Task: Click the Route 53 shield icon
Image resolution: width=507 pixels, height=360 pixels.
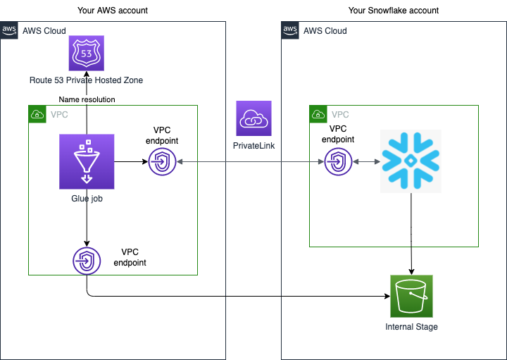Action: (x=86, y=53)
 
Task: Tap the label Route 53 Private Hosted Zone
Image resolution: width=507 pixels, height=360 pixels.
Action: (x=86, y=80)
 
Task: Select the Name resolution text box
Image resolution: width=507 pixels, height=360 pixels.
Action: (x=87, y=99)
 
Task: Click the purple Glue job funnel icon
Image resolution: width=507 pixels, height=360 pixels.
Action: (x=87, y=161)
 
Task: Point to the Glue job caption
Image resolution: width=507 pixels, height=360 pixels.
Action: (x=87, y=199)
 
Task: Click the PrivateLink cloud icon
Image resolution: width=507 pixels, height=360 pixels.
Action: (x=254, y=118)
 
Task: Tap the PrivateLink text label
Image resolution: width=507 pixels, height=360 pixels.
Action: (x=254, y=145)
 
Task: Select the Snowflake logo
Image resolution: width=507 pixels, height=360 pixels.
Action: (x=411, y=161)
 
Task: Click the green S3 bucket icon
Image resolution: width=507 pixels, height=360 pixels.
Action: (x=411, y=297)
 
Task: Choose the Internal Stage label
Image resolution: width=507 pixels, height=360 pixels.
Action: (x=411, y=327)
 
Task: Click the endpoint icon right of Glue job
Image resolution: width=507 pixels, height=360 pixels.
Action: (x=162, y=161)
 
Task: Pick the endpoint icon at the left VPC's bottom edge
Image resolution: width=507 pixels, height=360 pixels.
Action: (x=87, y=261)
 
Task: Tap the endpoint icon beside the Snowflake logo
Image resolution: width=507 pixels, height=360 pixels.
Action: (x=338, y=161)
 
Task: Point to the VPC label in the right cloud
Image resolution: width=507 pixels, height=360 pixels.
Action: (x=340, y=114)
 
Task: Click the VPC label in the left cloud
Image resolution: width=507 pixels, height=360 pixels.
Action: (x=59, y=114)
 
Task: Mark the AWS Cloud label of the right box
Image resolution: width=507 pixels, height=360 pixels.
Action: (x=325, y=31)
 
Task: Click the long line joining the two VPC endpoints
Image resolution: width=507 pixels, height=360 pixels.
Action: (x=250, y=162)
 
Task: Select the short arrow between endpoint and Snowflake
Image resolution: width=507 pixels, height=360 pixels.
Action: (x=366, y=162)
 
